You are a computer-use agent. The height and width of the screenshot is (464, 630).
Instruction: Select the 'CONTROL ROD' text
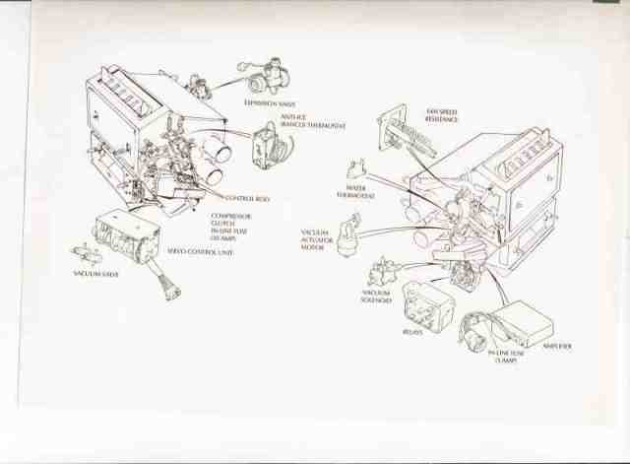click(248, 198)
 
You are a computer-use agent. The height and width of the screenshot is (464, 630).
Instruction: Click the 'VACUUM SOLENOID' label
click(376, 297)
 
